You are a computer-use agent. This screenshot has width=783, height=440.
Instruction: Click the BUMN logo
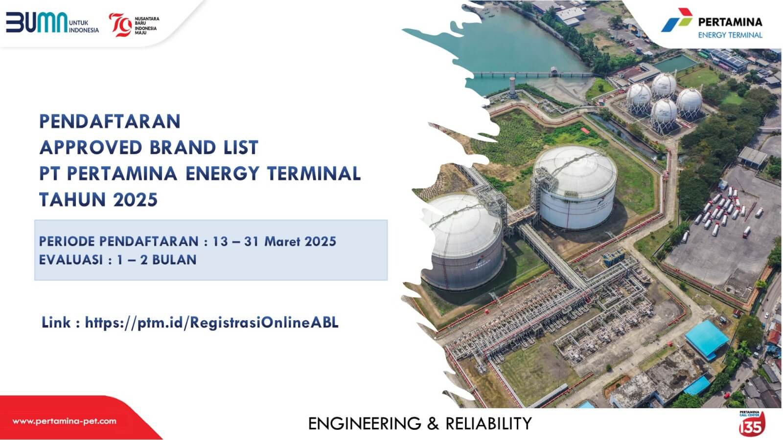click(37, 22)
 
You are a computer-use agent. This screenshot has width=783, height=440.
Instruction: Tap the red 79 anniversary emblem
click(119, 24)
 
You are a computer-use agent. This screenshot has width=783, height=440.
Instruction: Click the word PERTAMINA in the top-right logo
click(730, 22)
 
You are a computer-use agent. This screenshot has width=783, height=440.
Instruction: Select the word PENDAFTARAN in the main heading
click(110, 121)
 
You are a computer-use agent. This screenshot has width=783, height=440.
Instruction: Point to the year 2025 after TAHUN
click(136, 200)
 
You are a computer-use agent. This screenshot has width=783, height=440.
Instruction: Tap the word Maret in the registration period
click(282, 241)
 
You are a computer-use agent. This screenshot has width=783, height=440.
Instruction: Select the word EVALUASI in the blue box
click(71, 260)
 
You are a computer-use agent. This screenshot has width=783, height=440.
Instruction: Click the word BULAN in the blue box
click(174, 260)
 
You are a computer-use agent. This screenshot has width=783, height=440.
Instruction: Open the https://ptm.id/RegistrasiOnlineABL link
click(211, 323)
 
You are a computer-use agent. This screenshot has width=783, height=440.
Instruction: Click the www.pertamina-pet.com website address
click(64, 421)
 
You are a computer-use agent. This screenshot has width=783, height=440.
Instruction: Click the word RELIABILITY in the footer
click(488, 423)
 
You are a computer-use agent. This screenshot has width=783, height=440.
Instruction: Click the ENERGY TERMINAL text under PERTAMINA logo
click(730, 35)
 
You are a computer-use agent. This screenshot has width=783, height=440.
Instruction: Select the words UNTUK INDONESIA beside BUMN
click(84, 26)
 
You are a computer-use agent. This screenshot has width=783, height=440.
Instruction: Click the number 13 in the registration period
click(220, 241)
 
